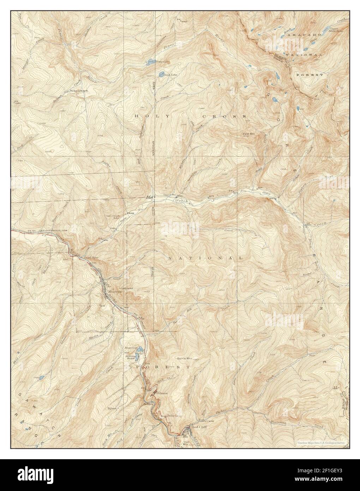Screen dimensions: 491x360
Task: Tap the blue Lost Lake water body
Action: pos(161,74)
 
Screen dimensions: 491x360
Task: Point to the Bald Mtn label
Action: pos(248,134)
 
